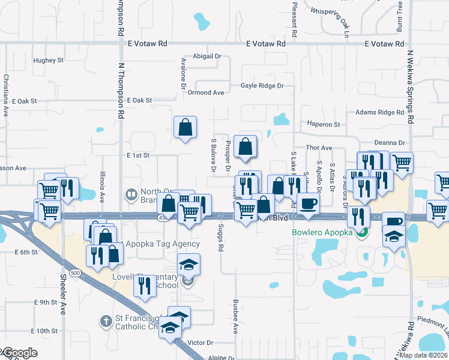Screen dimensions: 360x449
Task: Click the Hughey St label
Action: (49, 61)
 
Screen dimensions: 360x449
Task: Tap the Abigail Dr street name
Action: (207, 56)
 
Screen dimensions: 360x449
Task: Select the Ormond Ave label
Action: (205, 92)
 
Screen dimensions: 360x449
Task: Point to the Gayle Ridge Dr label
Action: (262, 86)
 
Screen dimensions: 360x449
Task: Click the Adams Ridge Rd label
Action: (379, 112)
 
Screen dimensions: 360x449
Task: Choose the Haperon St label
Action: (324, 124)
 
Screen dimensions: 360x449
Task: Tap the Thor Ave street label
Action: (319, 148)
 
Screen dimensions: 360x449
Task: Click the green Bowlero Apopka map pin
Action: (361, 232)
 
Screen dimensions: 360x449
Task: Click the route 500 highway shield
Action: (74, 273)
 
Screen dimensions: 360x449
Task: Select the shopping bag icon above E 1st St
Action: (185, 127)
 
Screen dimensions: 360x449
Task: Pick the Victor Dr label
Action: (200, 343)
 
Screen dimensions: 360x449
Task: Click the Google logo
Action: (19, 353)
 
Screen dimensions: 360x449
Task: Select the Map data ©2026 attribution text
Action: (423, 355)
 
